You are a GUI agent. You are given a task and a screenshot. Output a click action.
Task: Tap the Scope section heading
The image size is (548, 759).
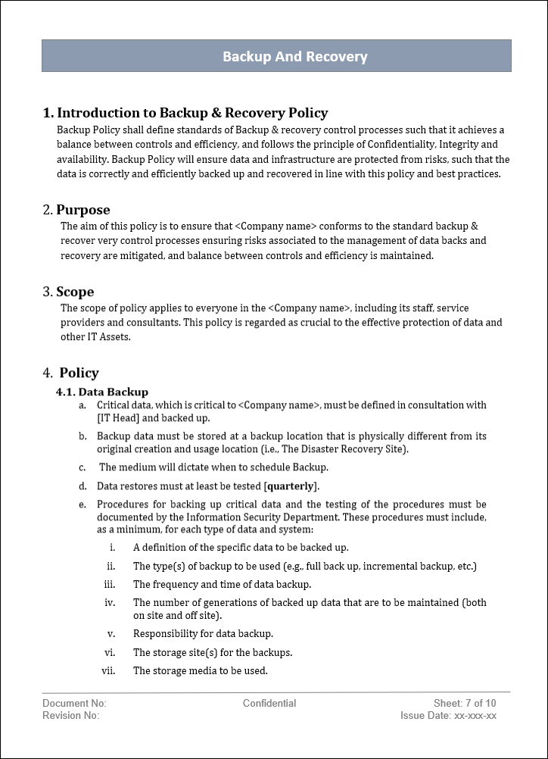(x=75, y=292)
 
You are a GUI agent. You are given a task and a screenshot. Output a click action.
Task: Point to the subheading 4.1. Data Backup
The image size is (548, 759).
(x=102, y=392)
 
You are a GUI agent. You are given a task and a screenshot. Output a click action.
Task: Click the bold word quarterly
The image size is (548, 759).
(x=291, y=486)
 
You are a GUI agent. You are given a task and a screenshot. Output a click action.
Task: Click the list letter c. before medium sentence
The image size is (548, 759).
(x=82, y=467)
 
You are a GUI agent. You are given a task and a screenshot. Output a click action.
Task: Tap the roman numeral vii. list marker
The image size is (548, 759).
(x=108, y=670)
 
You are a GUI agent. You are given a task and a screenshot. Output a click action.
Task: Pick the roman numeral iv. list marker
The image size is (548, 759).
(x=109, y=603)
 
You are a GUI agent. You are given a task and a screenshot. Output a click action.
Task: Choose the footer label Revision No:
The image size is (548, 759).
(x=70, y=715)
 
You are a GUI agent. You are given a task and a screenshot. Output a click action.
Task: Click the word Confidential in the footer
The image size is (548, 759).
(x=269, y=704)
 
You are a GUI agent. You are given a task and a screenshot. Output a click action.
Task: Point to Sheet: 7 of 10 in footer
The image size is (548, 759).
(x=465, y=704)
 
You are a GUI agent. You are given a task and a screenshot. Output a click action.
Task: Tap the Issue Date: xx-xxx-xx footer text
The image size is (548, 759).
(x=448, y=715)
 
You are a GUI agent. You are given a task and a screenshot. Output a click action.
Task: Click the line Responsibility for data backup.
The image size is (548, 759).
(x=203, y=633)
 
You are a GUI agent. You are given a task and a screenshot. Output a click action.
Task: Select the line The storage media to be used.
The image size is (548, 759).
(x=201, y=670)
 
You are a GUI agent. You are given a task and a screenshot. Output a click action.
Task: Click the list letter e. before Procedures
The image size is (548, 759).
(x=82, y=504)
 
